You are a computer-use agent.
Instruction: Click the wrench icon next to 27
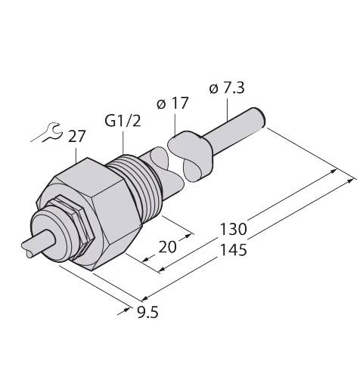click(52, 132)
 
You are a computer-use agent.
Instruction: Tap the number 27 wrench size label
click(76, 137)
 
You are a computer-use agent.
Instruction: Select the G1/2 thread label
click(123, 122)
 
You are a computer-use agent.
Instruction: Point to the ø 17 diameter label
click(172, 103)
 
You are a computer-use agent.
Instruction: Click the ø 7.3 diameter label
click(227, 88)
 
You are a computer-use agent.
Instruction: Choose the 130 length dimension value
click(233, 229)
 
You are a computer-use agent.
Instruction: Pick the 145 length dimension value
click(233, 250)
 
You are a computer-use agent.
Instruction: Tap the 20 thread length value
click(167, 247)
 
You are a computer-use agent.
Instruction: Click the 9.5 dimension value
click(147, 313)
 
